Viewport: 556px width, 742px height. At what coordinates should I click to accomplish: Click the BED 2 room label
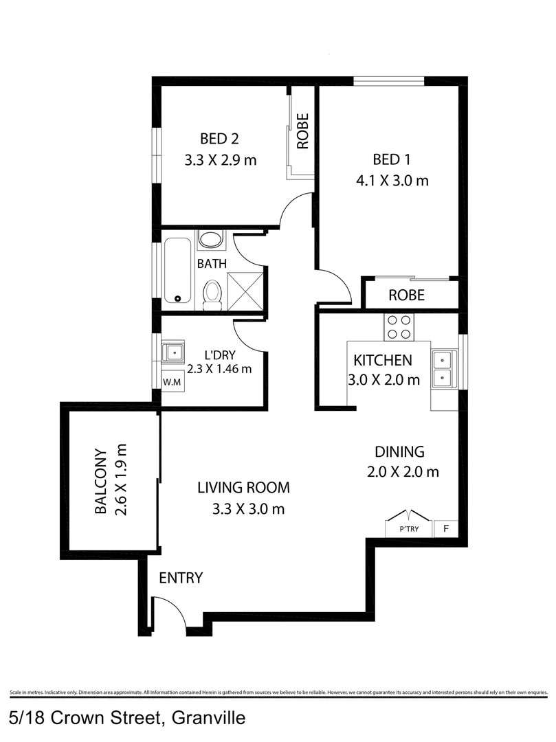tap(219, 139)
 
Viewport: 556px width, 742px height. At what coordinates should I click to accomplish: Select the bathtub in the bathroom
tap(178, 270)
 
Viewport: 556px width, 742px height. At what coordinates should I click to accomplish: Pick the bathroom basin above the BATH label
tap(210, 240)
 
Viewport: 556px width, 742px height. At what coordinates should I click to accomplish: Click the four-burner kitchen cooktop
tap(399, 326)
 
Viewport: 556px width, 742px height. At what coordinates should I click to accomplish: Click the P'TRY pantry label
tap(410, 530)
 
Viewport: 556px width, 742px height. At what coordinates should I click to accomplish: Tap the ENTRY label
tap(181, 578)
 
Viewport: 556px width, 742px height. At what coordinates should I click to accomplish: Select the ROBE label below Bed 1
tap(406, 296)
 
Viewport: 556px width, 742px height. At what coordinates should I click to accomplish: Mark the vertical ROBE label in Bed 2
tap(302, 131)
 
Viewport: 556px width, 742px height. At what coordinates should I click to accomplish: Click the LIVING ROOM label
tap(243, 488)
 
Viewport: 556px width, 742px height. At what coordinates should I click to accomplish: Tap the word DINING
tap(399, 452)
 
